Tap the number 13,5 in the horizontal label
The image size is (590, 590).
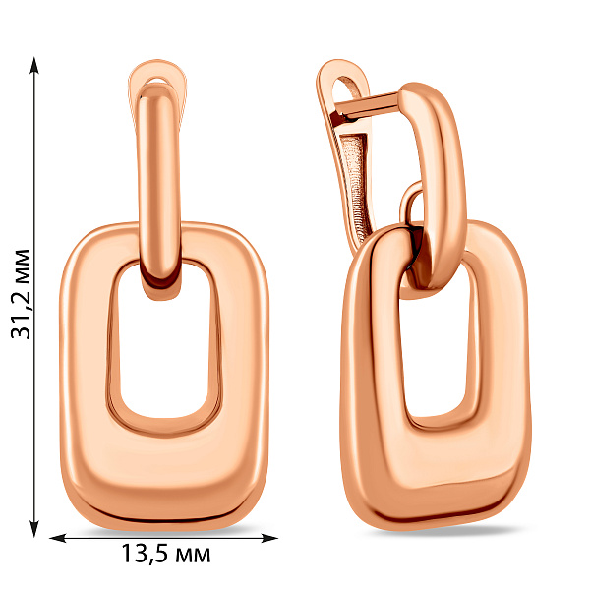[142, 556]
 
